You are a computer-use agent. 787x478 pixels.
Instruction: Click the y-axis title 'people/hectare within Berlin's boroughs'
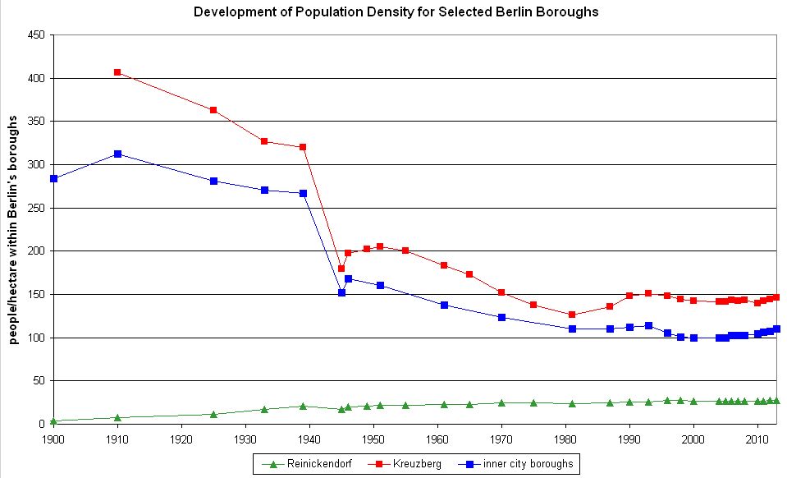(x=14, y=229)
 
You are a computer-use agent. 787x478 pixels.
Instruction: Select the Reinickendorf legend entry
(x=304, y=464)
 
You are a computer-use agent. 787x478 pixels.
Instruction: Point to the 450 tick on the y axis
(x=36, y=35)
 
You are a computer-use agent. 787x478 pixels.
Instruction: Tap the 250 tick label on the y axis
(x=36, y=208)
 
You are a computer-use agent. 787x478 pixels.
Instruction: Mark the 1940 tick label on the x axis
(x=309, y=436)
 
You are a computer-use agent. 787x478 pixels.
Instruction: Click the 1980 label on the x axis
(x=565, y=436)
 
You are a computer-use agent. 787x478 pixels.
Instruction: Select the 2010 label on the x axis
(x=757, y=436)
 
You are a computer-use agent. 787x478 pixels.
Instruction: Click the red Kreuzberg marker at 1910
(x=117, y=72)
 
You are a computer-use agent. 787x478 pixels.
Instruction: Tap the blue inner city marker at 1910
(x=117, y=154)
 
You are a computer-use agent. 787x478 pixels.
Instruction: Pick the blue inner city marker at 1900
(x=53, y=178)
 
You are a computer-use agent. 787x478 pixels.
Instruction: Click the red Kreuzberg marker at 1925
(x=213, y=110)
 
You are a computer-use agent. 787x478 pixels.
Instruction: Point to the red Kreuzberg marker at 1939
(x=303, y=147)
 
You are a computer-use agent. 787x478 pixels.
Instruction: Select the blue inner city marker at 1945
(x=341, y=292)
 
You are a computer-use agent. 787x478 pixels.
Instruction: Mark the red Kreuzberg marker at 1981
(x=572, y=315)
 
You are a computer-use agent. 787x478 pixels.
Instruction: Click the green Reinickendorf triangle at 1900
(x=53, y=421)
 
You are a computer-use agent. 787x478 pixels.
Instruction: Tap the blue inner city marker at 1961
(x=444, y=305)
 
